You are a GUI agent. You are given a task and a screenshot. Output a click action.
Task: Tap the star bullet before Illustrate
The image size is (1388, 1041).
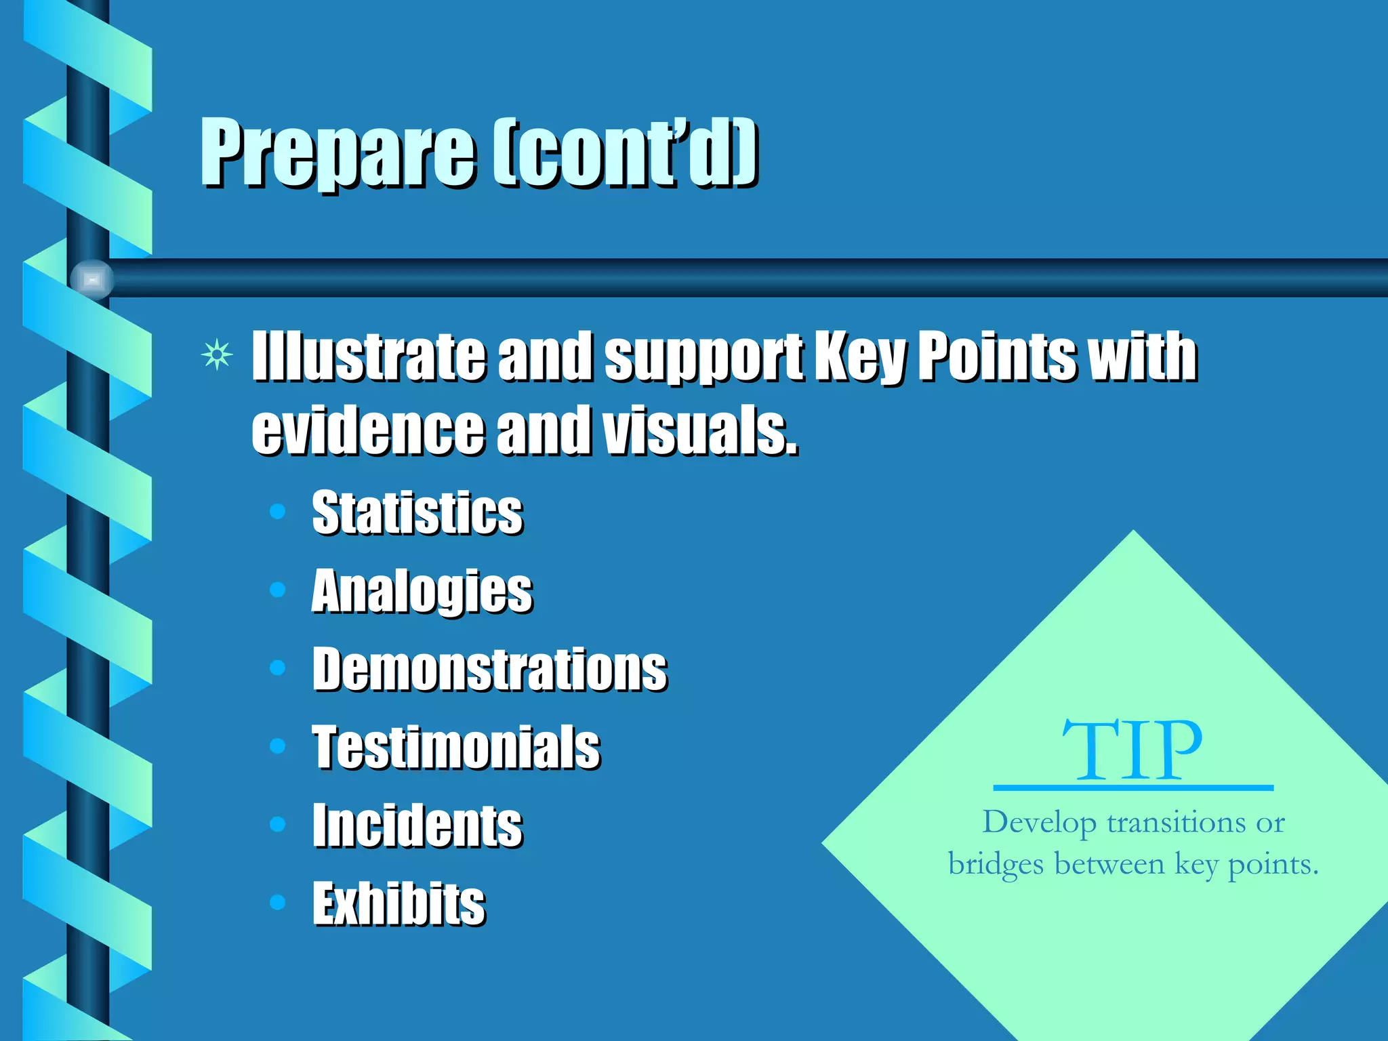217,354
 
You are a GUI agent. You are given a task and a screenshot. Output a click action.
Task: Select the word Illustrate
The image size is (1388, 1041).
369,356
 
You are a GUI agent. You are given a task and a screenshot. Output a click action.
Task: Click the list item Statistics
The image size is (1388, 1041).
417,512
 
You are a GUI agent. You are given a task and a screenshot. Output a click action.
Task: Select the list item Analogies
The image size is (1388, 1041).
422,591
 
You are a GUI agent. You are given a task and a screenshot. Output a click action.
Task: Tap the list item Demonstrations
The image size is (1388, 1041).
489,670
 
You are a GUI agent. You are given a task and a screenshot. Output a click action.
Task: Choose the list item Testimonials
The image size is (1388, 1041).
455,747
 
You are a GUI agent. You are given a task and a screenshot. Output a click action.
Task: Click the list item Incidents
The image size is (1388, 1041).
417,825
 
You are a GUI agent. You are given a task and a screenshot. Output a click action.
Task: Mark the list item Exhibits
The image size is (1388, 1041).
399,903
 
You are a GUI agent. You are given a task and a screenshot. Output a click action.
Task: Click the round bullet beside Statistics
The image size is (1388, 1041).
277,511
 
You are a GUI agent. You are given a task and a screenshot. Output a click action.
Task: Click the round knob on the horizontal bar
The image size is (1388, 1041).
92,279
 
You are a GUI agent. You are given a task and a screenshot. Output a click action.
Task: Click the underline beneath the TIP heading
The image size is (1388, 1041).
1132,788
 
